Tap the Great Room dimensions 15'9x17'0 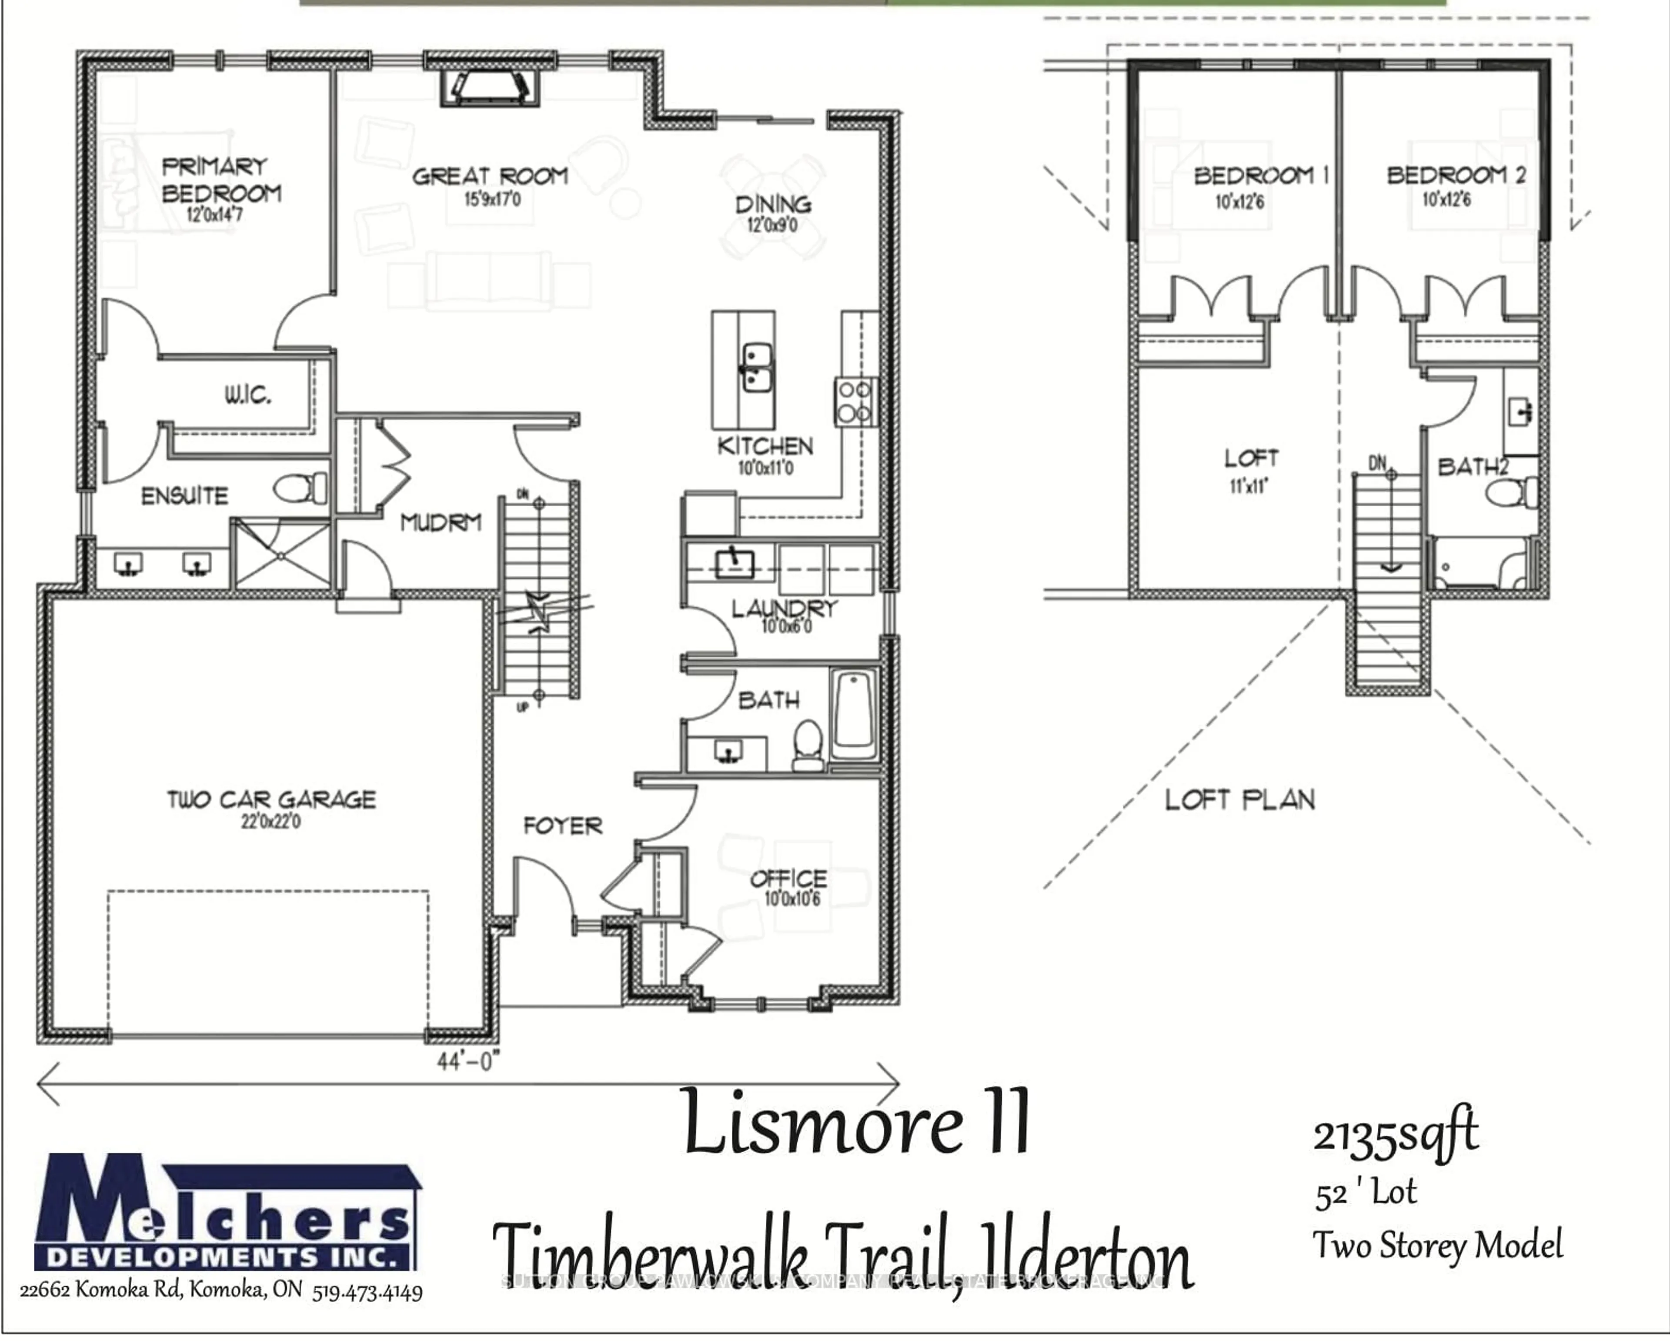(492, 199)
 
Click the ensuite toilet (300, 488)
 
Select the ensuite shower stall (281, 553)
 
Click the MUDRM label (441, 523)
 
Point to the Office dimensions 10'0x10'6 (792, 899)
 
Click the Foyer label (562, 826)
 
